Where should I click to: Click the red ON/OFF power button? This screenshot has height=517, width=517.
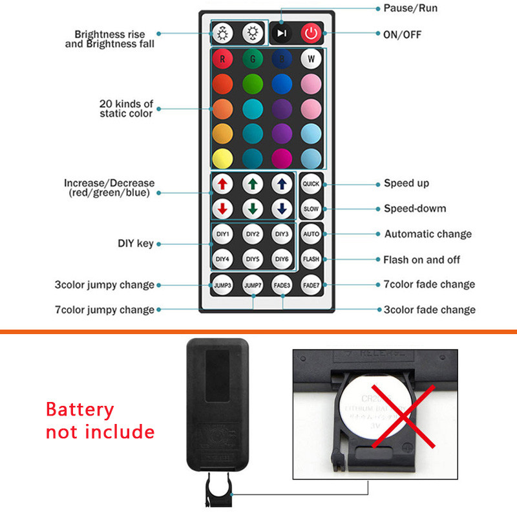tap(311, 33)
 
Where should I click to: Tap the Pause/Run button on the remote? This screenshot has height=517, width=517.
tap(281, 33)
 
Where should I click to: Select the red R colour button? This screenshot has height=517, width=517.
tap(222, 59)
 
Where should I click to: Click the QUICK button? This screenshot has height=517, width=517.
tap(311, 184)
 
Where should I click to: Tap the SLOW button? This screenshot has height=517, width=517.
tap(311, 209)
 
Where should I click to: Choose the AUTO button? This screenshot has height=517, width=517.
tap(311, 234)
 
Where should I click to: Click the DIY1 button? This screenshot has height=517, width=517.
tap(222, 234)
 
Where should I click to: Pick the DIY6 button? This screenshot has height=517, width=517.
tap(282, 259)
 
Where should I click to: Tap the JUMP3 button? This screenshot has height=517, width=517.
tap(222, 284)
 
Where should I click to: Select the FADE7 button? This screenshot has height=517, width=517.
tap(311, 284)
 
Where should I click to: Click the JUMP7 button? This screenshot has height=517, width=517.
tap(252, 284)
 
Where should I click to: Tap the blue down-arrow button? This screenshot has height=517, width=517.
tap(282, 209)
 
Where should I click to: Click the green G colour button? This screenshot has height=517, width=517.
tap(252, 59)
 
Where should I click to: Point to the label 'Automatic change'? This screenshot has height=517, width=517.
tap(428, 234)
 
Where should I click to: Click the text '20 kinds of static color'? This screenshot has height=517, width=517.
tap(126, 109)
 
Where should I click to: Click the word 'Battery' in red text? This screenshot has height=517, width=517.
tap(79, 410)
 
